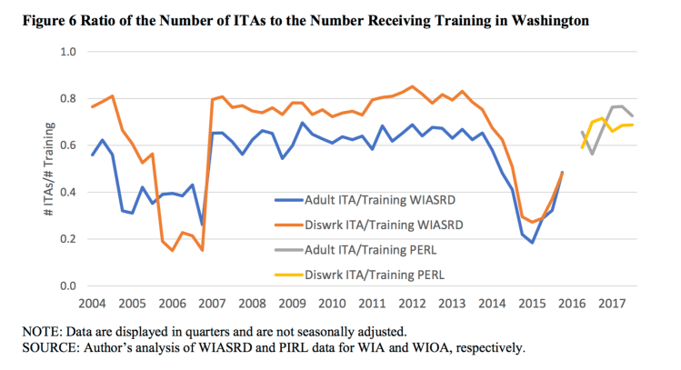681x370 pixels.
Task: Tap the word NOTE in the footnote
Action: [28, 330]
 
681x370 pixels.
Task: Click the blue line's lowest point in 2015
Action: [532, 243]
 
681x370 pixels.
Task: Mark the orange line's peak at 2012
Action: [412, 86]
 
